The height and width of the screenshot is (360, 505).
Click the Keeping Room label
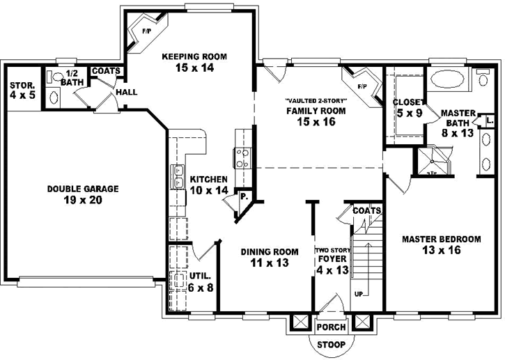pyautogui.click(x=194, y=62)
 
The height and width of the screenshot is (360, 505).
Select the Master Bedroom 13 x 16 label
pyautogui.click(x=441, y=244)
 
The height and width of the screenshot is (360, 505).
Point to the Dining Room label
pyautogui.click(x=270, y=258)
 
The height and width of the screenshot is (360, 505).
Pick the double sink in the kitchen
pyautogui.click(x=178, y=176)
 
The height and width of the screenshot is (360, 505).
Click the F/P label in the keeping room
pyautogui.click(x=147, y=31)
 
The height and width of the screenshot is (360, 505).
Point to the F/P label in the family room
pyautogui.click(x=362, y=87)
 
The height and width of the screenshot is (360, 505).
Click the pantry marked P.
pyautogui.click(x=243, y=197)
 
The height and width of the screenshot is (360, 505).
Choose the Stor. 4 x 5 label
pyautogui.click(x=22, y=90)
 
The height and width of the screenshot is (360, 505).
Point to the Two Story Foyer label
pyautogui.click(x=331, y=260)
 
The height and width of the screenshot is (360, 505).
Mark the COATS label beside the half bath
pyautogui.click(x=106, y=71)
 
